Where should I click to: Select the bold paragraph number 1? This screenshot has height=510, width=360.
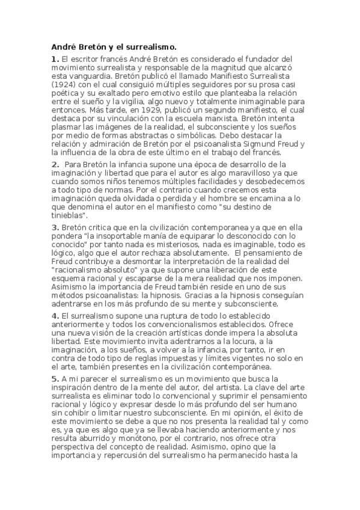(55, 59)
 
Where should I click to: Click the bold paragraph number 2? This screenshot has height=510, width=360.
(55, 164)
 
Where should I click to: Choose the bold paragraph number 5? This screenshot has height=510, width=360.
(55, 378)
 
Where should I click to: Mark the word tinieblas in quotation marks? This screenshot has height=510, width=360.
(69, 215)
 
